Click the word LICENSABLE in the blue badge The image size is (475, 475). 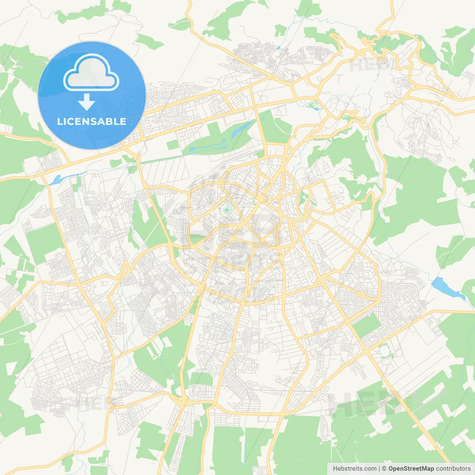point(92,121)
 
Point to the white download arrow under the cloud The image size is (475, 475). point(86,102)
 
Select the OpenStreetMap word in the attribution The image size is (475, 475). point(411,469)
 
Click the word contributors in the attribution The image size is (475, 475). point(453,469)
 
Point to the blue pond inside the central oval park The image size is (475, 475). point(226,210)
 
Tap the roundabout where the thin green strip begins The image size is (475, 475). point(138,158)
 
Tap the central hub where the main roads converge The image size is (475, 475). point(262,201)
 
